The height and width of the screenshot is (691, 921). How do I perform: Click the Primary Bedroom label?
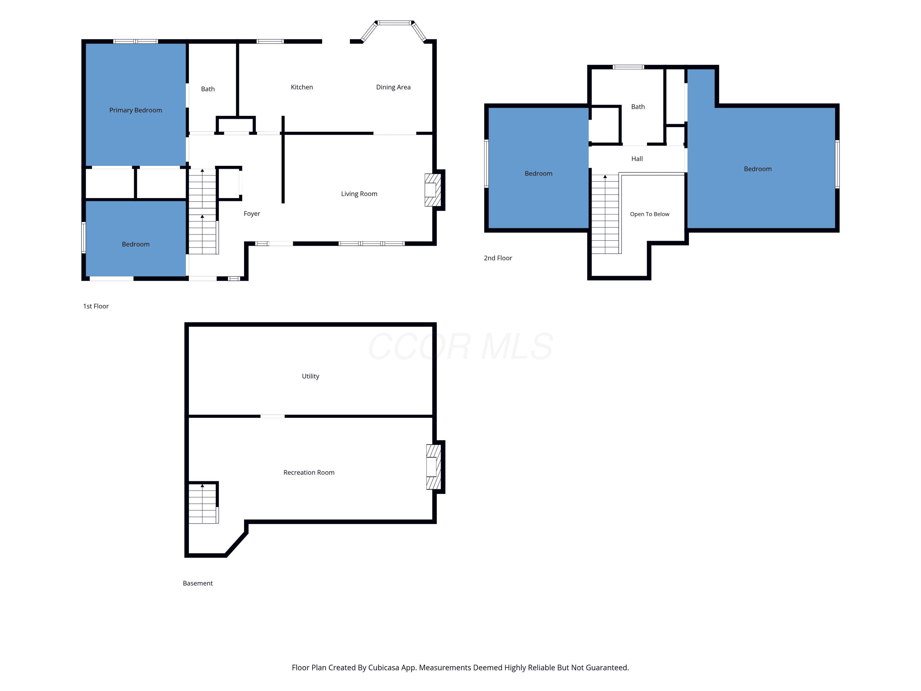(136, 110)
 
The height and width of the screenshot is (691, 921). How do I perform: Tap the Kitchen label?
(302, 87)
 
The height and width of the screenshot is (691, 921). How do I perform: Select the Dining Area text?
(394, 87)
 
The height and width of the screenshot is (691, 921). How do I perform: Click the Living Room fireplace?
(433, 190)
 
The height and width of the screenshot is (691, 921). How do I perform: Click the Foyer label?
(252, 214)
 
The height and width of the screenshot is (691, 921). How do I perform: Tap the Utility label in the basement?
(311, 376)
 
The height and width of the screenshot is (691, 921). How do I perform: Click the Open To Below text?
(650, 214)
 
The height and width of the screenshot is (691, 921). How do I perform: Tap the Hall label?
(637, 159)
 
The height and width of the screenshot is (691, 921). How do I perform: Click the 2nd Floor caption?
(498, 258)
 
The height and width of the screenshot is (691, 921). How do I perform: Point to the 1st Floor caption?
(96, 306)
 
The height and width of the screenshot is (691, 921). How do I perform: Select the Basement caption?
(198, 583)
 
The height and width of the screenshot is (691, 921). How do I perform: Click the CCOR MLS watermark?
(460, 346)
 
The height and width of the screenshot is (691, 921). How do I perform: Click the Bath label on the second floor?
(638, 107)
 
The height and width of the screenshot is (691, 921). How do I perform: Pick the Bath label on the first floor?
(208, 89)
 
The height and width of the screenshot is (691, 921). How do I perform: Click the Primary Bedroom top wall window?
(136, 41)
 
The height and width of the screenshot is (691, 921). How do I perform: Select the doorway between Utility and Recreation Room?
(273, 416)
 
